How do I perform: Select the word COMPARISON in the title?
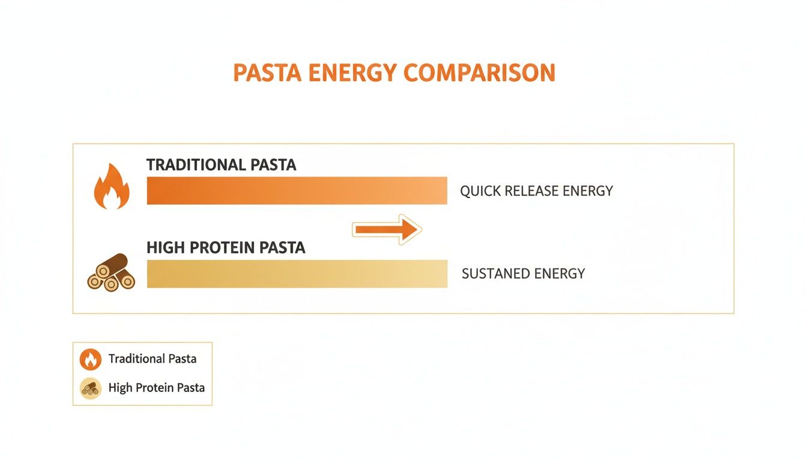[x=479, y=73]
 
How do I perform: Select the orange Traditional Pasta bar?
[x=297, y=190]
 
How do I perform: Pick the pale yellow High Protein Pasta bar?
[x=297, y=274]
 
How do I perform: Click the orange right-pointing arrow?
[x=387, y=229]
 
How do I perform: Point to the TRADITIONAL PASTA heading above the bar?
[x=221, y=165]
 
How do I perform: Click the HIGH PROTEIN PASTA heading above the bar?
[x=226, y=247]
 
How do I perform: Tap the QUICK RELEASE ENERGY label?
[x=536, y=191]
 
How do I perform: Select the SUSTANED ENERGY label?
[x=523, y=274]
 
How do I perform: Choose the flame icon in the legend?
[x=91, y=360]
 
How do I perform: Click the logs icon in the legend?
[x=91, y=388]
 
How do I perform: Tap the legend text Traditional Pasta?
[x=153, y=359]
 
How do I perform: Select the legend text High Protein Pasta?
[x=157, y=388]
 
